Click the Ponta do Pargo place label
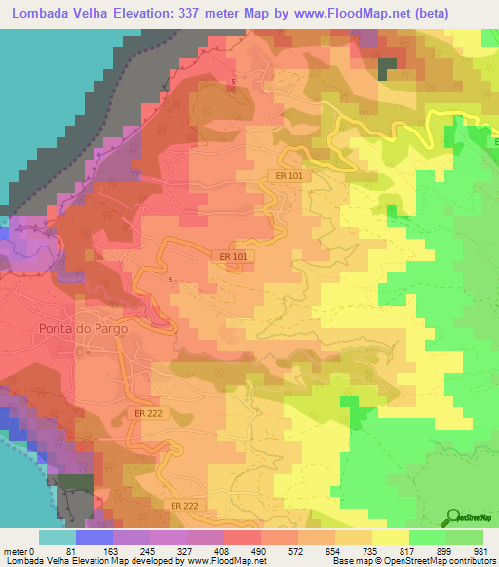tap(84, 328)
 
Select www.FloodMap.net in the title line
tap(358, 13)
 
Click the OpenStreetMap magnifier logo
tap(454, 517)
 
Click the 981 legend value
tap(480, 550)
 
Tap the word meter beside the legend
tap(14, 550)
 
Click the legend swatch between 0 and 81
tap(58, 537)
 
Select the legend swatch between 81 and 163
tap(95, 537)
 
